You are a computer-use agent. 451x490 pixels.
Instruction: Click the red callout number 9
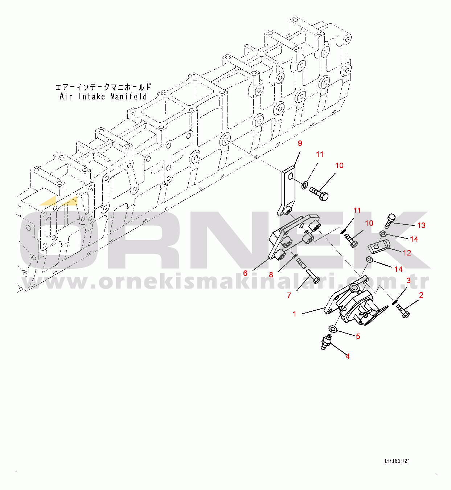300,143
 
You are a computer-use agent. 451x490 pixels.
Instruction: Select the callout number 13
421,225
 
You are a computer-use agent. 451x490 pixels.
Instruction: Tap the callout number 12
407,253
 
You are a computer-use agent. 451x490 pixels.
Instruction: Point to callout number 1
295,314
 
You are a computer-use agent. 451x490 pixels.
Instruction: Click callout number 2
421,295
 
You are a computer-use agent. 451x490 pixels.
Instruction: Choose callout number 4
347,356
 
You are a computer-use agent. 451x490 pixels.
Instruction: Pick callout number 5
358,336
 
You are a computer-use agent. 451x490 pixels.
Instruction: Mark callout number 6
245,273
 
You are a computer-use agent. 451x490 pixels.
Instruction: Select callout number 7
289,295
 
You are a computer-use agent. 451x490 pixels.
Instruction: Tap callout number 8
271,275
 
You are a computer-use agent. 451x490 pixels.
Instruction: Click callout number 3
408,281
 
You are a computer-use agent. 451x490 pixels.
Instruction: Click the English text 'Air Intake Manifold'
103,97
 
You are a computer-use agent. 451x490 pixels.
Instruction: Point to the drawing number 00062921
397,461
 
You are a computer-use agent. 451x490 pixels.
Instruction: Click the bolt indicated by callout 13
390,220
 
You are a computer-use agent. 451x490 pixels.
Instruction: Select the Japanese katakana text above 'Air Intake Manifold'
103,87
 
